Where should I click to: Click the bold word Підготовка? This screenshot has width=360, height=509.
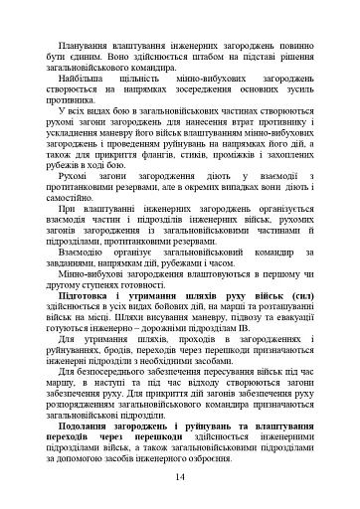coord(84,323)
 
